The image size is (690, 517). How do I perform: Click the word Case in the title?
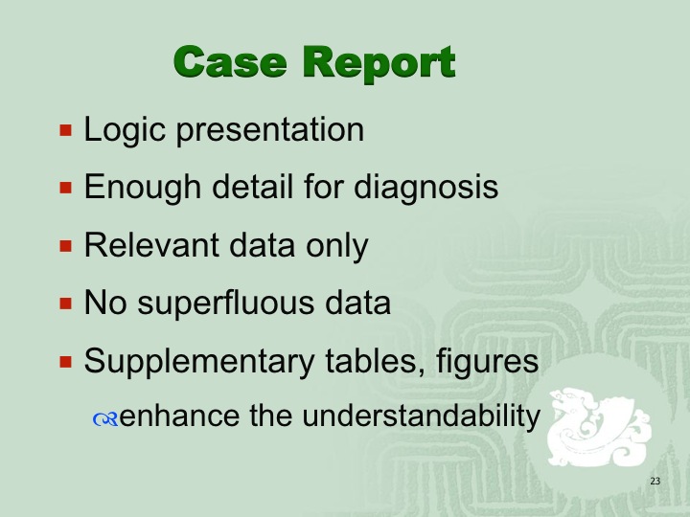230,62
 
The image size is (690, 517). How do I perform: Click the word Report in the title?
379,64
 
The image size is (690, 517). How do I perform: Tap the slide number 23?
655,481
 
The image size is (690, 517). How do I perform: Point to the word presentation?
270,130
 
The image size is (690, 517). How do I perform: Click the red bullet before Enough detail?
65,188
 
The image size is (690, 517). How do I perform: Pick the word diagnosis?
425,188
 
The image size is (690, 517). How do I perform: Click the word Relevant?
151,244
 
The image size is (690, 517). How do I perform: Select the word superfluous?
226,303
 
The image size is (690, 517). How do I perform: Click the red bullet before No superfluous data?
65,303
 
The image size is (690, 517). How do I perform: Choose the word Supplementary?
199,362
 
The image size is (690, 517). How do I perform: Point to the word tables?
376,361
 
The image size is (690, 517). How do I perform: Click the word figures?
488,362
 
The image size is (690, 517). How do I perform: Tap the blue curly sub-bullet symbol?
105,419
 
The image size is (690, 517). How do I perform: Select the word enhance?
179,416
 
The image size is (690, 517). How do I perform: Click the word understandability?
421,416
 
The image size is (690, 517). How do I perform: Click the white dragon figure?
598,426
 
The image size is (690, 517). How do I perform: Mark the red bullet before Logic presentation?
65,130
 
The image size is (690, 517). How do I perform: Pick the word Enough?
143,188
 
